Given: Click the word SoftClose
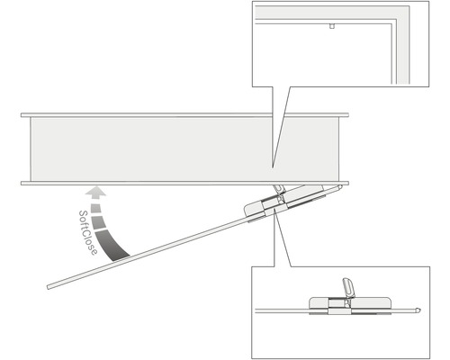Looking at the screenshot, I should [87, 233].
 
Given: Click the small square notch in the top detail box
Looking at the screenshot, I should [331, 27].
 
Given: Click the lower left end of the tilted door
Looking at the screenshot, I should [49, 287].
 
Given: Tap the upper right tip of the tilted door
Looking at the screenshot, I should [339, 187].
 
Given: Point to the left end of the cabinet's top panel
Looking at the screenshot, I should [24, 115].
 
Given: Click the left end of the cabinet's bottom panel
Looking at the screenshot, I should [24, 183].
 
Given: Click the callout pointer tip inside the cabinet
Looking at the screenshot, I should [273, 168].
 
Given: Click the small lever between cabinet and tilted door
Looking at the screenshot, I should [278, 190].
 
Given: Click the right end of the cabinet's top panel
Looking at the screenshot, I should [346, 115].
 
